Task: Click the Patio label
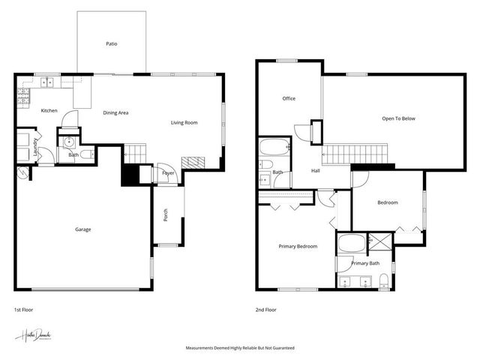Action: [111, 44]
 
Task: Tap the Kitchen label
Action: [49, 111]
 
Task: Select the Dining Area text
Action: [115, 112]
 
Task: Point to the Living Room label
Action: [184, 122]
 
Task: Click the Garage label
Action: [82, 229]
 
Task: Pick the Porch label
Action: [166, 215]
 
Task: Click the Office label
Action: [289, 98]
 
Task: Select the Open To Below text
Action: [398, 118]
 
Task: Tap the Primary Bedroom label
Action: [298, 246]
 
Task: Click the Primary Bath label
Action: [365, 263]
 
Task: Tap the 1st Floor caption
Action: [23, 310]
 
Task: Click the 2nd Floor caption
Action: [266, 310]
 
